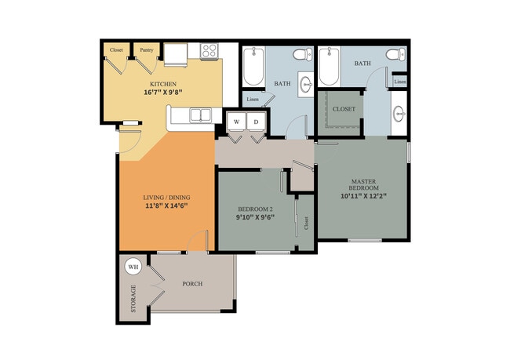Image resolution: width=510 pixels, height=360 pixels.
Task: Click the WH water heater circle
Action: click(x=133, y=267)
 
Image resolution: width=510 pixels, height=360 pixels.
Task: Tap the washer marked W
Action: click(x=237, y=122)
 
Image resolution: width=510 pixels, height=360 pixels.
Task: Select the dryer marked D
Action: click(x=256, y=122)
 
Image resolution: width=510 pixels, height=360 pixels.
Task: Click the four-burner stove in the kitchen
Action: click(x=209, y=51)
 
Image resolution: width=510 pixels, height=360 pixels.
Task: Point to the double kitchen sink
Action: click(x=200, y=116)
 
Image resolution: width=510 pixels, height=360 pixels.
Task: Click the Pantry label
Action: click(x=147, y=50)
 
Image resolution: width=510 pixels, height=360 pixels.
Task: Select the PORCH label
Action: click(x=192, y=284)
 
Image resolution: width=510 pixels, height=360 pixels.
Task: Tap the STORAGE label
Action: click(x=133, y=299)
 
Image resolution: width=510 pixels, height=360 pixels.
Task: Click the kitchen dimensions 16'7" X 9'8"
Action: click(x=163, y=92)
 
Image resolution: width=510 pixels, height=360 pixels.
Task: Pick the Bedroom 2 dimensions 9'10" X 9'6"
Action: click(x=256, y=217)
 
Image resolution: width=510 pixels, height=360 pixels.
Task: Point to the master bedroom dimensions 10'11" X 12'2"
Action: click(x=363, y=196)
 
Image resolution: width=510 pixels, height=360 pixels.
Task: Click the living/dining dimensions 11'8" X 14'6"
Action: click(x=166, y=205)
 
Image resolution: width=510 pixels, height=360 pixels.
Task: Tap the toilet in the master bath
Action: click(x=395, y=54)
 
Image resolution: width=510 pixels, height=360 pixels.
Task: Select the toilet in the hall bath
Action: click(x=303, y=54)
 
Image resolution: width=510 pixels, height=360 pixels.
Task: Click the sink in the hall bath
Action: click(x=305, y=84)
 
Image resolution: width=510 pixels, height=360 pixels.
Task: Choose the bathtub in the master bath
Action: click(x=330, y=67)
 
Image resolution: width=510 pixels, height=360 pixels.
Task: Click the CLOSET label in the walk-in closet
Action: click(x=344, y=109)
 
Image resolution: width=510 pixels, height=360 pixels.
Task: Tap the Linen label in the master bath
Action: click(x=400, y=82)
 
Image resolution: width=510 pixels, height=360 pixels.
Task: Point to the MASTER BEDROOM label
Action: click(x=363, y=184)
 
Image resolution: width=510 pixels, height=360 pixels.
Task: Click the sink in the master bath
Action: click(x=399, y=114)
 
